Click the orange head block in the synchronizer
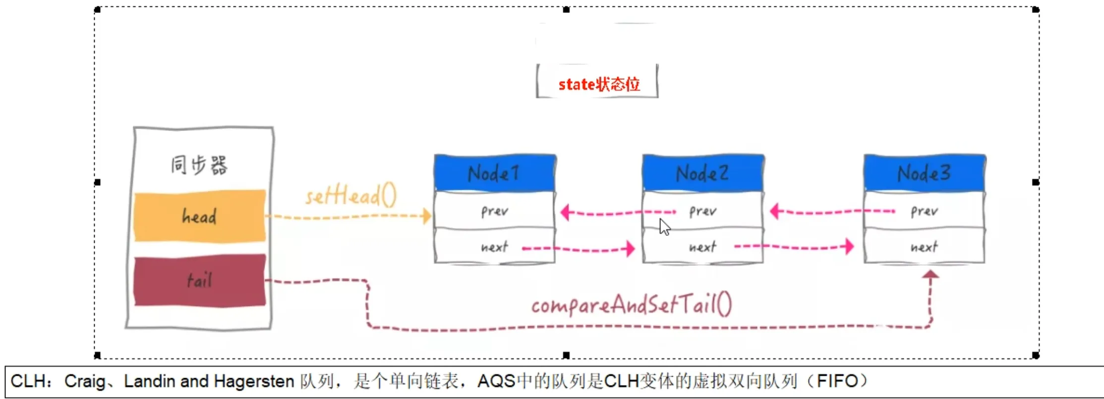pyautogui.click(x=200, y=216)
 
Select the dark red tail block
pyautogui.click(x=200, y=281)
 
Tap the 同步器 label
pyautogui.click(x=199, y=165)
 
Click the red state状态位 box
pyautogui.click(x=598, y=84)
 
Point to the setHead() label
pyautogui.click(x=351, y=196)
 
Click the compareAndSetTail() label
pyautogui.click(x=631, y=304)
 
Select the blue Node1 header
pyautogui.click(x=494, y=173)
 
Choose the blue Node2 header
pyautogui.click(x=702, y=173)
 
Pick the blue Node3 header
pyautogui.click(x=924, y=173)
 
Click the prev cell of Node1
pyautogui.click(x=494, y=211)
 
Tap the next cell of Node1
pyautogui.click(x=494, y=247)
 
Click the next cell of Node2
pyautogui.click(x=702, y=247)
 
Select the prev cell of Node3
pyautogui.click(x=924, y=211)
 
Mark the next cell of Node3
pyautogui.click(x=924, y=247)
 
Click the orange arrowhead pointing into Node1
pyautogui.click(x=427, y=216)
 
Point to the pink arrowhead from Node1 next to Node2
pyautogui.click(x=631, y=248)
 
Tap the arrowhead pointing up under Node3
pyautogui.click(x=930, y=274)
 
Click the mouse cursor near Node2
pyautogui.click(x=664, y=227)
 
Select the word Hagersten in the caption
pyautogui.click(x=254, y=381)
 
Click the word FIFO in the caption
pyautogui.click(x=837, y=381)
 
